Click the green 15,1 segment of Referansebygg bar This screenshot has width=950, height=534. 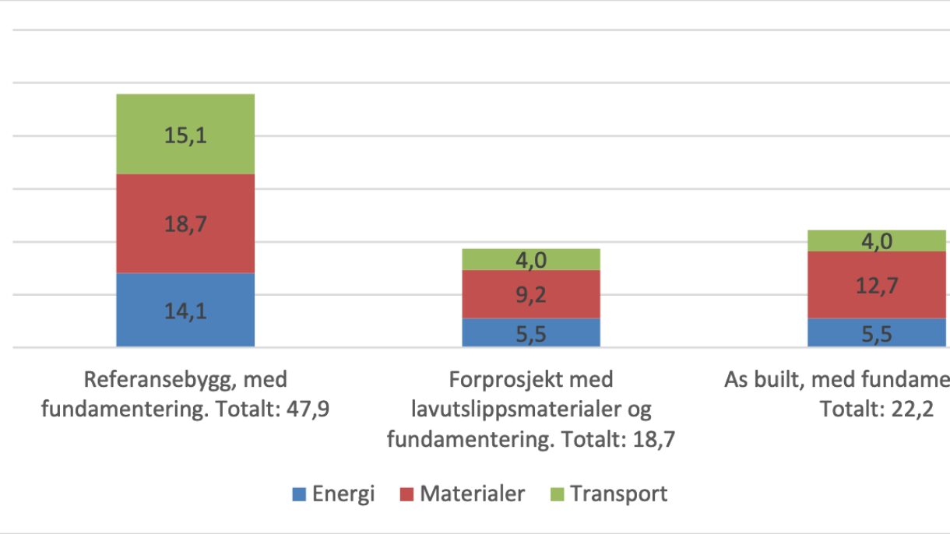click(185, 134)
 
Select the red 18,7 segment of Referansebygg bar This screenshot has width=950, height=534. click(185, 223)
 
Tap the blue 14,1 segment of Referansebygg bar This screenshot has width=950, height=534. click(185, 310)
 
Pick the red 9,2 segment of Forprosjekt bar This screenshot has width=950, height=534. click(531, 294)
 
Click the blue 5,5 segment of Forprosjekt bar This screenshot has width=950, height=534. click(531, 332)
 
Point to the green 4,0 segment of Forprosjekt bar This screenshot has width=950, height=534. click(531, 260)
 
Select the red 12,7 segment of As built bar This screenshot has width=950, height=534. click(877, 285)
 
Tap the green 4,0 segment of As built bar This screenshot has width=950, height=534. click(877, 241)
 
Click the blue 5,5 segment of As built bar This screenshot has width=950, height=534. click(877, 332)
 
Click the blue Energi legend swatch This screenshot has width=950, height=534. click(299, 494)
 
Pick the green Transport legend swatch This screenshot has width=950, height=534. click(556, 494)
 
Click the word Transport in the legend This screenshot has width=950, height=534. click(618, 494)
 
